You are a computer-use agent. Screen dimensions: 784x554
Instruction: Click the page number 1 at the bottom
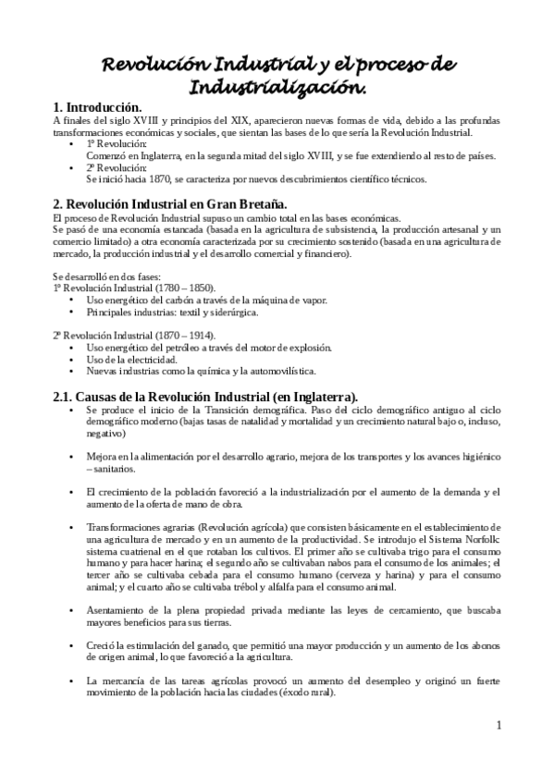[x=499, y=725]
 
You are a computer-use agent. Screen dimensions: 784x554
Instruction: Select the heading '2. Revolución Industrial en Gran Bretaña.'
[x=170, y=203]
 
